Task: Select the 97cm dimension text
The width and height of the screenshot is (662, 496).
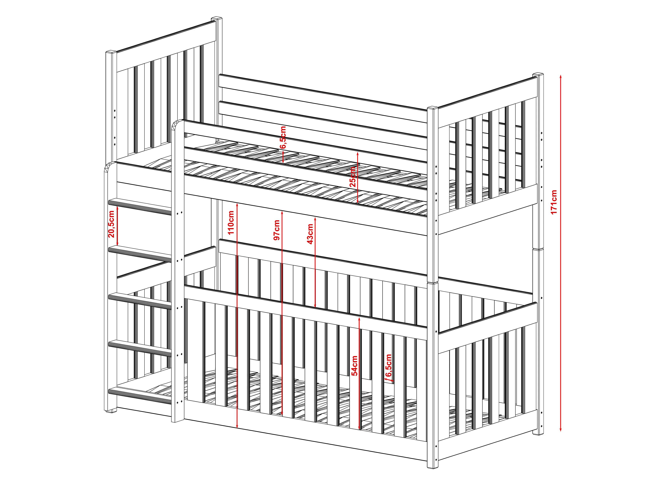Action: point(277,230)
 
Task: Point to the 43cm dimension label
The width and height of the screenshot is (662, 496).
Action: point(310,234)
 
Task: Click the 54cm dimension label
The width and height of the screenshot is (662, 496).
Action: point(355,366)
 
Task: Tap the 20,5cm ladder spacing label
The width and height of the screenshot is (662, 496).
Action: point(111,224)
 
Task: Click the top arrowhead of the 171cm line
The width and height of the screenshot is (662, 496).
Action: point(561,76)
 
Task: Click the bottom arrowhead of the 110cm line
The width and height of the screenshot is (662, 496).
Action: point(237,426)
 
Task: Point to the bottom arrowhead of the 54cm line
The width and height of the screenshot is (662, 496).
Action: point(359,428)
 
